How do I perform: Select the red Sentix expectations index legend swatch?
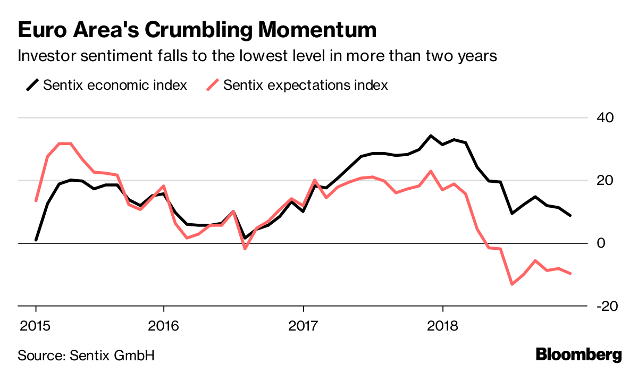pyautogui.click(x=213, y=84)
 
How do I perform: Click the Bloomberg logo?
pyautogui.click(x=578, y=354)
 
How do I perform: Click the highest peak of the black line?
pyautogui.click(x=431, y=136)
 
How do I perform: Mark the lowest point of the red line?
pyautogui.click(x=512, y=284)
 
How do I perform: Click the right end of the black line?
pyautogui.click(x=570, y=215)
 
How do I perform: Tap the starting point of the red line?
pyautogui.click(x=36, y=200)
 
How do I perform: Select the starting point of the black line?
pyautogui.click(x=36, y=240)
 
